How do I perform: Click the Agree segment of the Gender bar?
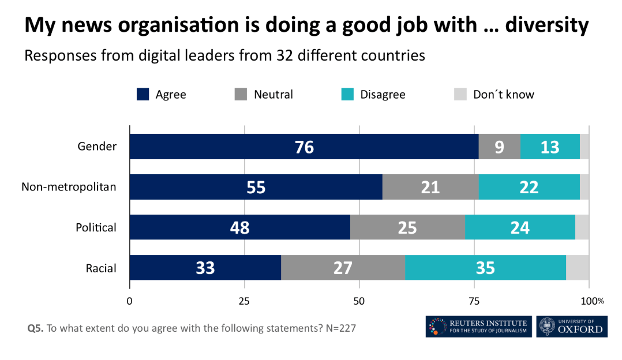pos(304,147)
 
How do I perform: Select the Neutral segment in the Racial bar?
pos(343,268)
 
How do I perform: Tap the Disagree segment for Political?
pos(520,227)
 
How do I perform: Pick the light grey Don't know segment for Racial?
pos(578,268)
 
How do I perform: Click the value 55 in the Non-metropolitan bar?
pos(256,187)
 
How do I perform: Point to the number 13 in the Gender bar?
pos(550,147)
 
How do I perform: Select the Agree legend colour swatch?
pos(143,95)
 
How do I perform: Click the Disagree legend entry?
pos(383,95)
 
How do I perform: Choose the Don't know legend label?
pos(503,95)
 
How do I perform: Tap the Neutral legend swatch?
pos(241,95)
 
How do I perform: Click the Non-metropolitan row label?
pos(69,186)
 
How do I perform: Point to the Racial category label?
pos(101,268)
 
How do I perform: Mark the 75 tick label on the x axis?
pos(474,301)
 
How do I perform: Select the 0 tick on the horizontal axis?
pos(129,301)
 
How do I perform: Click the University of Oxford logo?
pos(571,327)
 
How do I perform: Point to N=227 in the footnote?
pos(340,328)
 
